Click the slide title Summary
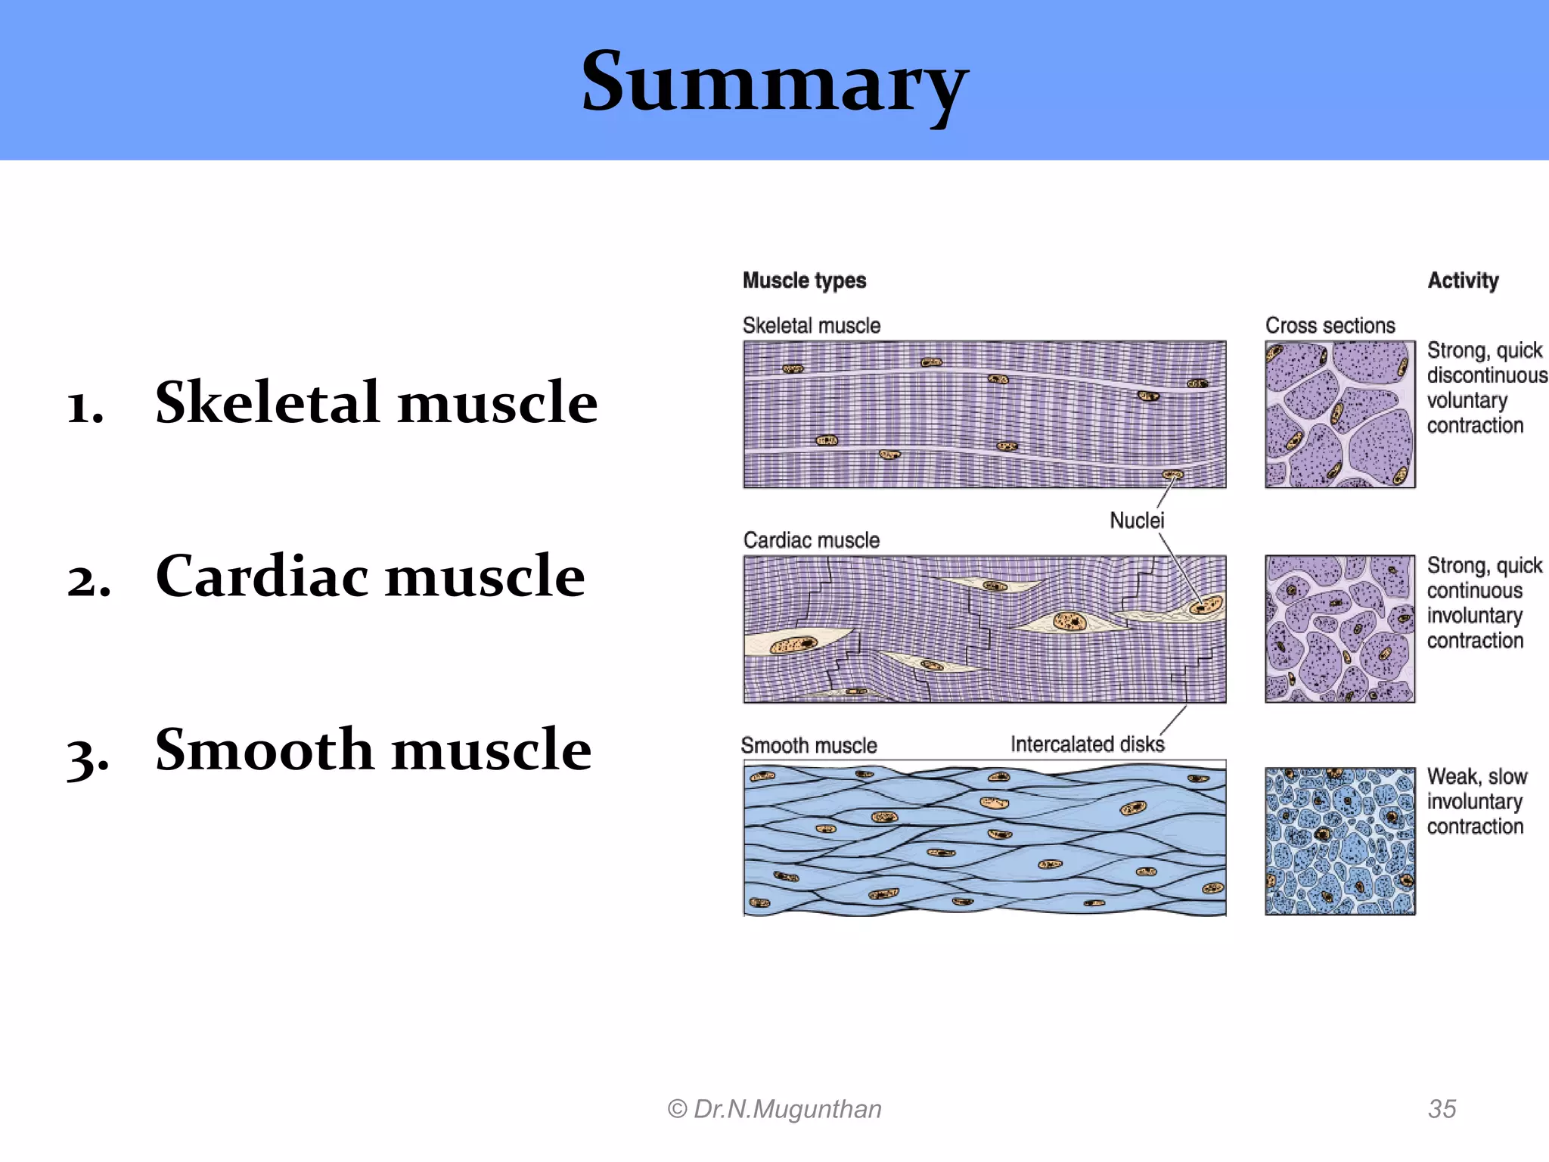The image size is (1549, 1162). tap(774, 82)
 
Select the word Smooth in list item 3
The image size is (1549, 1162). tap(264, 750)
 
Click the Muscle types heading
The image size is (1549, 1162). tap(804, 281)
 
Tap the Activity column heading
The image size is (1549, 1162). tap(1463, 281)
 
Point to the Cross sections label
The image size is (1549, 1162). tap(1330, 325)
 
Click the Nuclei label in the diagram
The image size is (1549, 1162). tap(1137, 520)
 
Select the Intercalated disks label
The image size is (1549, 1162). tap(1087, 744)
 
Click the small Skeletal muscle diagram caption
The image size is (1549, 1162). tap(811, 325)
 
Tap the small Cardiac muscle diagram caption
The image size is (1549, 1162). tap(811, 540)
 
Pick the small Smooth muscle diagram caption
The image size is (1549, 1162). tap(809, 746)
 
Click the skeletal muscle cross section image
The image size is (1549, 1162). tap(1339, 414)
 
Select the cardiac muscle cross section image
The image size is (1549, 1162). tap(1339, 629)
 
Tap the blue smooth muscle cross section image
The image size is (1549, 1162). tap(1339, 841)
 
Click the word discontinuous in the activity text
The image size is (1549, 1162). tap(1486, 375)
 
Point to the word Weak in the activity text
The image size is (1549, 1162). tap(1452, 777)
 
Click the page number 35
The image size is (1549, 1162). tap(1442, 1109)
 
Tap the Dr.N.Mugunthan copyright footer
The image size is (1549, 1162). tap(774, 1109)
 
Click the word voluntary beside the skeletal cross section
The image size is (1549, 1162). tap(1467, 400)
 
